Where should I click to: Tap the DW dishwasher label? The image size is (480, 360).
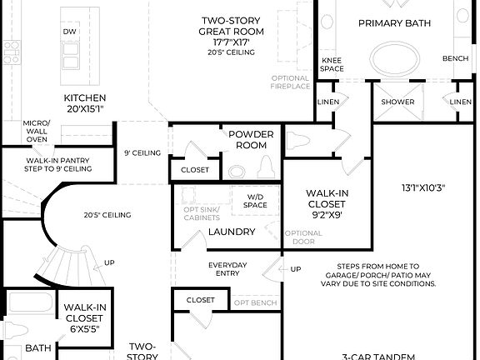pyautogui.click(x=70, y=32)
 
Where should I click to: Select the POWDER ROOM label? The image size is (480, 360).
pyautogui.click(x=251, y=139)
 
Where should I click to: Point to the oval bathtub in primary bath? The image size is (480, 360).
pyautogui.click(x=396, y=59)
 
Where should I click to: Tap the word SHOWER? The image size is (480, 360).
pyautogui.click(x=397, y=102)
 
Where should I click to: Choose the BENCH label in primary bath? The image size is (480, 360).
pyautogui.click(x=455, y=59)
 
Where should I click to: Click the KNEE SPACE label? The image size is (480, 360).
pyautogui.click(x=332, y=65)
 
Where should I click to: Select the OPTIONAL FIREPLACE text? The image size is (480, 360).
pyautogui.click(x=290, y=82)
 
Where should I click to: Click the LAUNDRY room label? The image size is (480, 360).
pyautogui.click(x=231, y=231)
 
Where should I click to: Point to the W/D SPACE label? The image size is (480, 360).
pyautogui.click(x=255, y=201)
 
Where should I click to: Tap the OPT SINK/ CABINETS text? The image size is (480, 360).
pyautogui.click(x=202, y=215)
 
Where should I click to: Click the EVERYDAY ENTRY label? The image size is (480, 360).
pyautogui.click(x=227, y=269)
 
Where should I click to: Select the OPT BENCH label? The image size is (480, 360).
pyautogui.click(x=254, y=302)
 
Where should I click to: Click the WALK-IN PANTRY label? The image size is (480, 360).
pyautogui.click(x=58, y=164)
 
